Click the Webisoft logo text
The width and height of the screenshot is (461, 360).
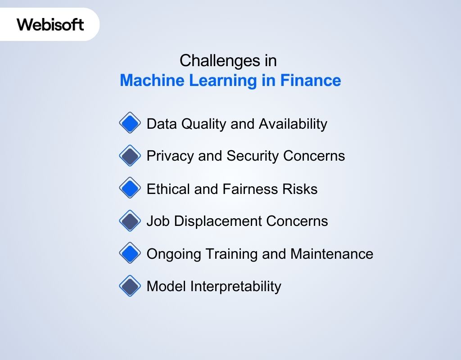pos(50,24)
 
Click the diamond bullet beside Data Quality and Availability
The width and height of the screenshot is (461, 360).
pos(130,123)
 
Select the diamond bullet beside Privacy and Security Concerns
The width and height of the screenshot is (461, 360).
pos(130,156)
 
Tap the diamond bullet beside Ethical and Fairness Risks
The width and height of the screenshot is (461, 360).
pos(130,188)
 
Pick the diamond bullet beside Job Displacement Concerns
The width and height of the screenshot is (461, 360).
pos(130,221)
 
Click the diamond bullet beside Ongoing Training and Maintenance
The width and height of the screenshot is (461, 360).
pos(130,253)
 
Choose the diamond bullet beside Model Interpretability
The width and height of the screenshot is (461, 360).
pos(130,286)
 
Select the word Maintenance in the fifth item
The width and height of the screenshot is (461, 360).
pos(332,254)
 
